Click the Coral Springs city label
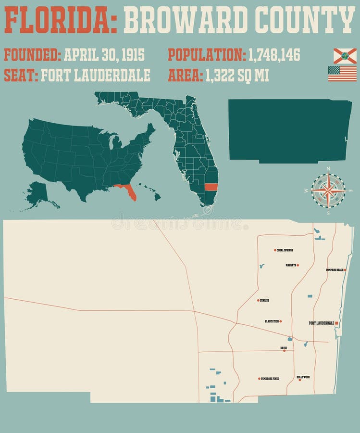[285, 250]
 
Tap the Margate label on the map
[291, 265]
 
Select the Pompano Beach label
[335, 270]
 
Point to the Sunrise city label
[264, 300]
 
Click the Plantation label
[272, 321]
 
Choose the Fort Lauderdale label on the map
[321, 323]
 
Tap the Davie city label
[284, 347]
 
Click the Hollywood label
[303, 377]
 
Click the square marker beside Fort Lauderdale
[337, 323]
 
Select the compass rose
[328, 191]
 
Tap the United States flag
[342, 74]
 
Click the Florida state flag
[345, 56]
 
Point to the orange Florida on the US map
[127, 191]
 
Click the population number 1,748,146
[274, 55]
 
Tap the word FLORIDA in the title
[61, 20]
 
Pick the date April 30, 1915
[104, 55]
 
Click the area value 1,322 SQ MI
[237, 76]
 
